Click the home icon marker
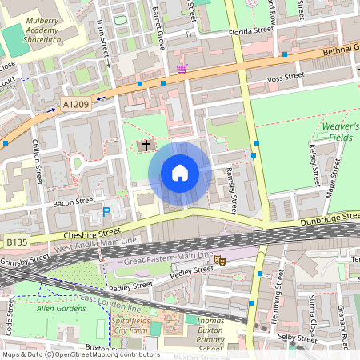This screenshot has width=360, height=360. pos(180,173)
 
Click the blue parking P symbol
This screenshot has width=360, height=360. pos(106,212)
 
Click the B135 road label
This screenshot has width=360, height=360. pos(17,242)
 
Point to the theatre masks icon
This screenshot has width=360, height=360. pos(220,259)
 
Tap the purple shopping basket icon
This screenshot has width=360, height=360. pos(182,70)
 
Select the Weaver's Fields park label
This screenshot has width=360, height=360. pos(341,133)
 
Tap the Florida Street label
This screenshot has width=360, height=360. pos(250,30)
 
